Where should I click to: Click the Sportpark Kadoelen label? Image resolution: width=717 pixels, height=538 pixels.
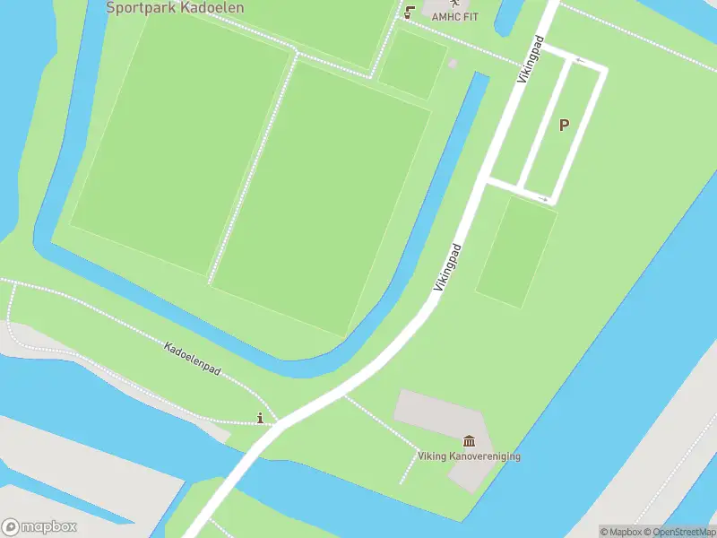[x=175, y=8]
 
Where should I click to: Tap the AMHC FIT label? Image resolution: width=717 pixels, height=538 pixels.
[x=455, y=16]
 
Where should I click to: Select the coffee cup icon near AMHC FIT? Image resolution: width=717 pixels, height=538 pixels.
[x=410, y=13]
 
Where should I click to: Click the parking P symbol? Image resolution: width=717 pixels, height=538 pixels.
[x=564, y=126]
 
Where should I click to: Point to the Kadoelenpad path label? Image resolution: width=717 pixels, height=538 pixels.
[x=192, y=358]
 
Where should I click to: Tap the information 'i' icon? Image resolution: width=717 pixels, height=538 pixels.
[x=261, y=417]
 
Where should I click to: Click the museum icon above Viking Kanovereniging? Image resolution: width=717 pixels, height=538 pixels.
[x=469, y=440]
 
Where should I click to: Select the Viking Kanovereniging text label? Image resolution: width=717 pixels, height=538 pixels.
[x=469, y=456]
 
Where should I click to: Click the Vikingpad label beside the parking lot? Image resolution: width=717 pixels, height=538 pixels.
[x=531, y=60]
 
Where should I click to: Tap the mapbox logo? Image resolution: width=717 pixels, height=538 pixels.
[x=39, y=527]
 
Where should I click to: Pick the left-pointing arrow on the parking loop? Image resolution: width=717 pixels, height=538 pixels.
[x=580, y=61]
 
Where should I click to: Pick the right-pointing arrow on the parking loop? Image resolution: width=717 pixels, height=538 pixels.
[x=542, y=198]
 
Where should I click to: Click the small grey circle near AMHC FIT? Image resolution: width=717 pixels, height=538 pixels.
[x=453, y=64]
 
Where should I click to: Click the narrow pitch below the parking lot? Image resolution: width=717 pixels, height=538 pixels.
[x=516, y=252]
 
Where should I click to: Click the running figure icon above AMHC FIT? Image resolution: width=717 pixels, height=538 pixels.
[x=454, y=4]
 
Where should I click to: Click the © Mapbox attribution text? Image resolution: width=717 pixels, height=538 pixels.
[x=620, y=532]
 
